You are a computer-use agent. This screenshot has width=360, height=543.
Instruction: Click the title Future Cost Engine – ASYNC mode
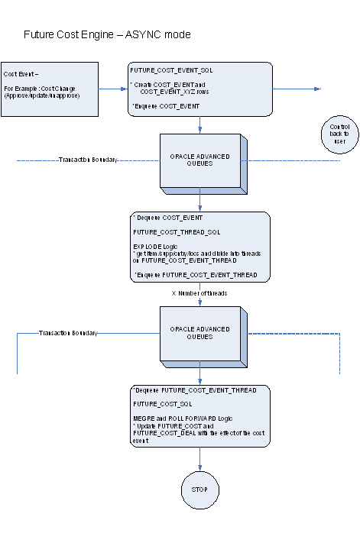tap(107, 35)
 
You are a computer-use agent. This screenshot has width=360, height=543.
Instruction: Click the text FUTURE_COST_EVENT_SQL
tap(171, 69)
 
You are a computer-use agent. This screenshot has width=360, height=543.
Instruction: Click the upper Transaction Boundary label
tap(88, 160)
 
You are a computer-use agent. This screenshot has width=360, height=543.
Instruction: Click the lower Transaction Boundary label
tap(69, 333)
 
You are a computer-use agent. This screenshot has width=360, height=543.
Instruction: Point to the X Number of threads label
tap(200, 293)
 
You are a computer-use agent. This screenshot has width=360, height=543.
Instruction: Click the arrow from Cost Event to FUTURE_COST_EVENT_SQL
tap(112, 89)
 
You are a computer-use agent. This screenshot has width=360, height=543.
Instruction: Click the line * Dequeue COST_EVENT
tap(168, 218)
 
